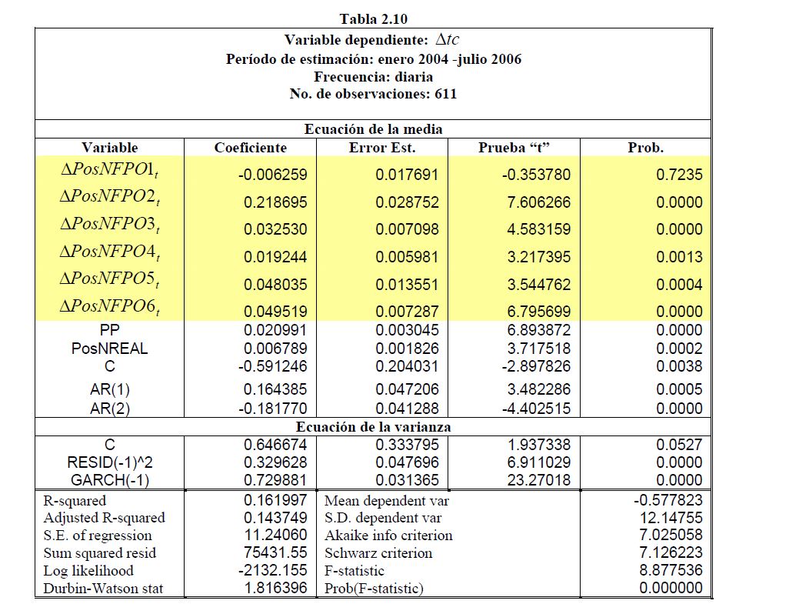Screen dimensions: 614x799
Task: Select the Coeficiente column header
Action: tap(250, 148)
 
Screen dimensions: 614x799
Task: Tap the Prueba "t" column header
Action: tap(513, 148)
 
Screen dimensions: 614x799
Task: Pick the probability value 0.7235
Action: tap(679, 175)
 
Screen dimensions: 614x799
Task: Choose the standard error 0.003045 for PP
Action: tap(407, 330)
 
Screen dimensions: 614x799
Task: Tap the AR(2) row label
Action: tap(110, 409)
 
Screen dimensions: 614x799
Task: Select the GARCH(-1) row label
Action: tap(110, 481)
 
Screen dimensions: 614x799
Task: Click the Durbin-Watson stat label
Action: tap(103, 589)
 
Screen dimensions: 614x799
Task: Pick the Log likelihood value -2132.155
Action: tap(279, 571)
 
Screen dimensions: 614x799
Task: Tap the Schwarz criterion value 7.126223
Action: tap(671, 553)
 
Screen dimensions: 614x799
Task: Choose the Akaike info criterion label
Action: tap(388, 536)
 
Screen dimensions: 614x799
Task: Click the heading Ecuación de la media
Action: tap(373, 129)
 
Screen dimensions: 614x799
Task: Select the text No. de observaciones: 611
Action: tap(373, 95)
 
